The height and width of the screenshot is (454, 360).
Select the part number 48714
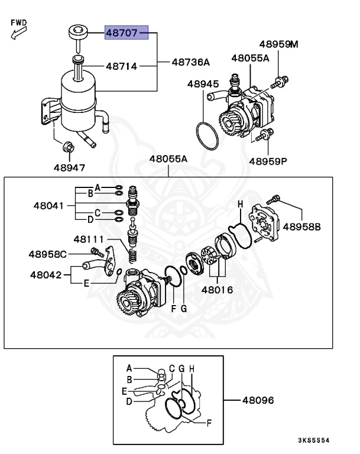[x=122, y=66]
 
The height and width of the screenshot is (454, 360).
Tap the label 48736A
[x=191, y=61]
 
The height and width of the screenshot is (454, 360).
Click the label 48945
[x=203, y=84]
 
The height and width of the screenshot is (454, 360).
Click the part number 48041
[x=53, y=206]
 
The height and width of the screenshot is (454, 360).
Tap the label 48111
[x=89, y=239]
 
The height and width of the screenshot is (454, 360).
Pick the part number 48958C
[x=48, y=254]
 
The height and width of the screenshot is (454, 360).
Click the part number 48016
[x=217, y=290]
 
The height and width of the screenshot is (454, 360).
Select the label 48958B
[x=301, y=226]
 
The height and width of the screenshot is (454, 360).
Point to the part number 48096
[x=258, y=400]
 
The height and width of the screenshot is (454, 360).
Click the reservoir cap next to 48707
[x=77, y=31]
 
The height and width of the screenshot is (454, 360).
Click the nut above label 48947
[x=69, y=146]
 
